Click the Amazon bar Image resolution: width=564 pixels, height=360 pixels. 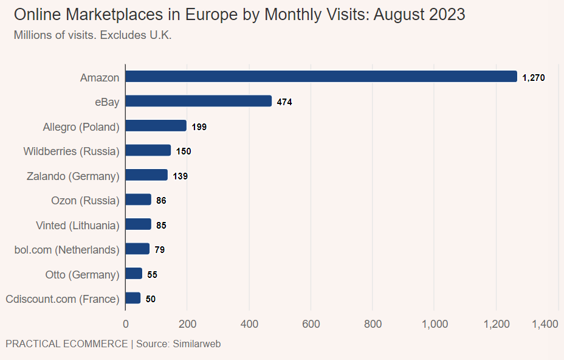pos(321,77)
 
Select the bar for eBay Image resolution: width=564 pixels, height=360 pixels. pos(198,101)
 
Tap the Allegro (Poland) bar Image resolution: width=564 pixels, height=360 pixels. pos(156,126)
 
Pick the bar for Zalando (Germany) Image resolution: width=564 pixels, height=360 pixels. pos(146,175)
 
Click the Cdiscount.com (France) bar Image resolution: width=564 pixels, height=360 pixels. pos(133,298)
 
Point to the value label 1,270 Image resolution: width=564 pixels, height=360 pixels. pos(534,78)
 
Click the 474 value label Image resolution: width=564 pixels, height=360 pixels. pos(284,102)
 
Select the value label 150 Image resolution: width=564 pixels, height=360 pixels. pos(184,151)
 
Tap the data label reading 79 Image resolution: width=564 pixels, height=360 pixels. pos(159,250)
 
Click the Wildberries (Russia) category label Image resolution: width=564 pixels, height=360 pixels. pos(71,151)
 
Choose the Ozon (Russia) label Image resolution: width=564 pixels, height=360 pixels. pos(85,200)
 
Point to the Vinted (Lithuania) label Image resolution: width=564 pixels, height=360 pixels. pos(77,225)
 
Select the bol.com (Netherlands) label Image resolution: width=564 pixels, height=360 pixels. pos(66,249)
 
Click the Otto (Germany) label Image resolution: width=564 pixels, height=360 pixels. pos(82,274)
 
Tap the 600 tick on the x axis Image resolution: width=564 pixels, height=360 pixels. pos(311,324)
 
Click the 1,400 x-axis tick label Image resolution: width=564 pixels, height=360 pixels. pos(545,324)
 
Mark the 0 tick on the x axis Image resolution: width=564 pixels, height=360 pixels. pos(125,324)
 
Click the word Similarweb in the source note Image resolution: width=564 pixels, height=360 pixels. pos(197,344)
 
